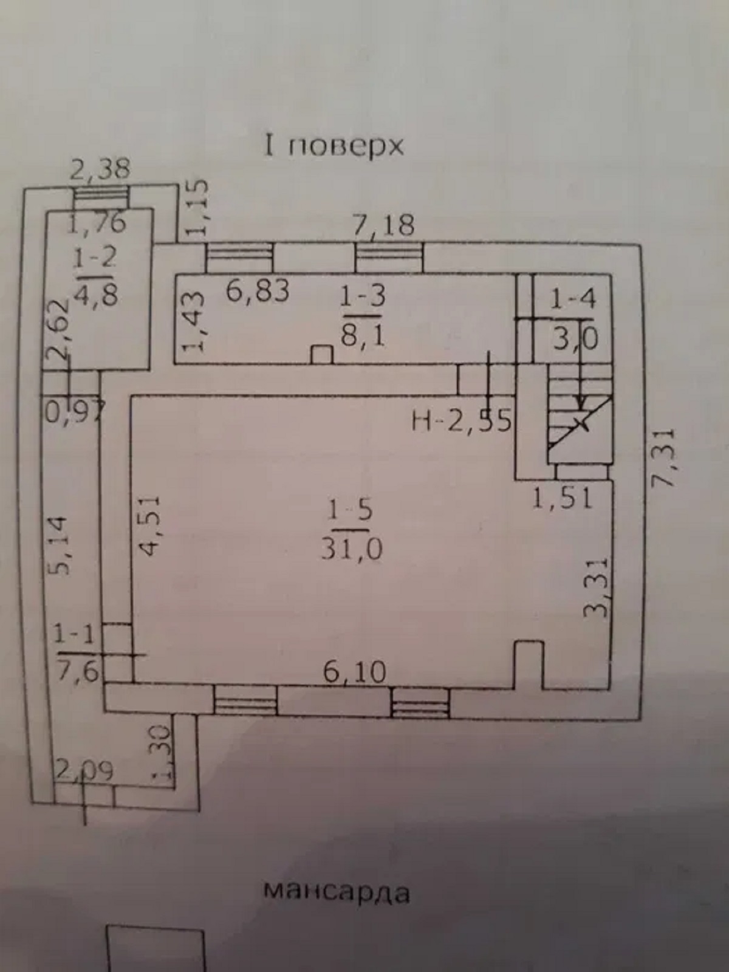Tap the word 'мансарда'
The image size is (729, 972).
coord(338,892)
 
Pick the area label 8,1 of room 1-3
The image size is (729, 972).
coord(363,334)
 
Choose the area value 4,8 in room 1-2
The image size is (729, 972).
coord(95,296)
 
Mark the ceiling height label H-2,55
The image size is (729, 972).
coord(462,420)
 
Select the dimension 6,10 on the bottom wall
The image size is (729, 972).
coord(355,672)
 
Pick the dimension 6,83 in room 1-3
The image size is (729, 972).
coord(258,290)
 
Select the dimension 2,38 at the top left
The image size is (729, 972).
coord(100,169)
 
